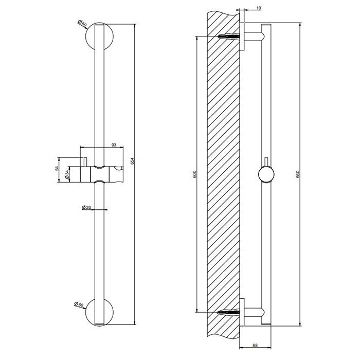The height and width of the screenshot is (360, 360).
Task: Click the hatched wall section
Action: click(224, 175)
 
